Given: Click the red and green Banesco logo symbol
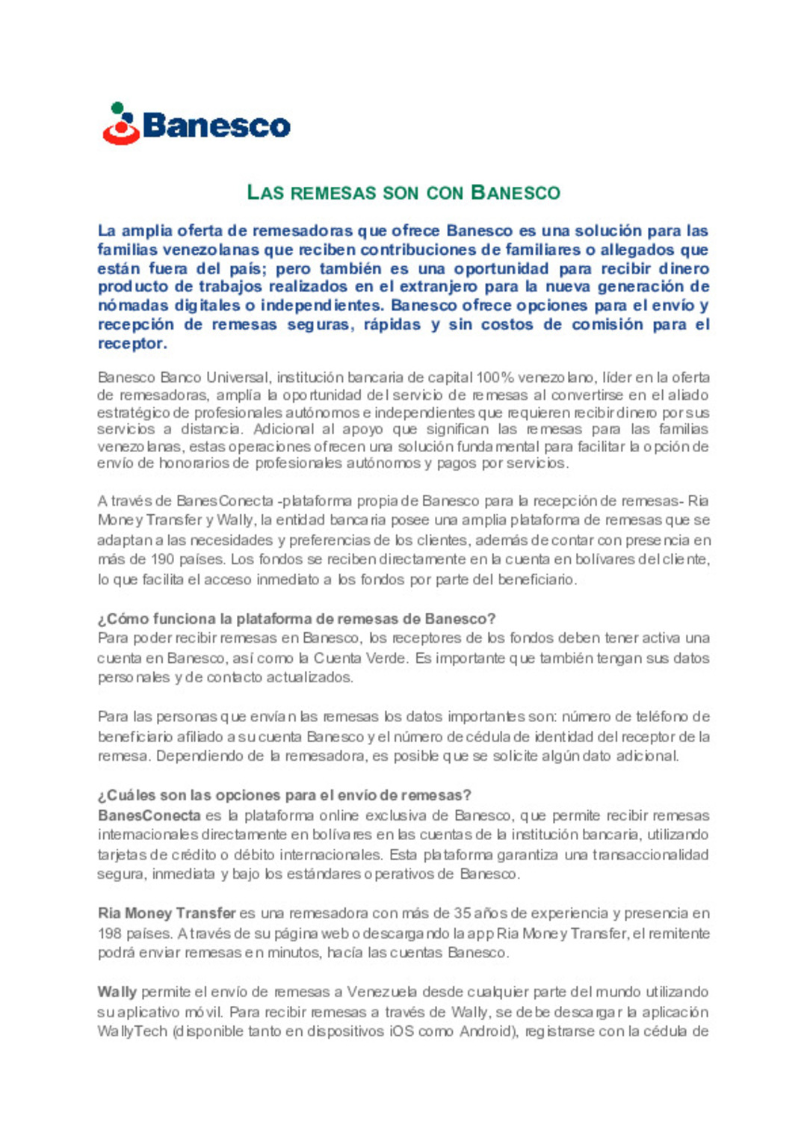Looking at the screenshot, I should [121, 124].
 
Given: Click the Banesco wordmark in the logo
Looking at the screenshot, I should [216, 126].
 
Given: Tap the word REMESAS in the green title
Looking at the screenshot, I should [333, 193].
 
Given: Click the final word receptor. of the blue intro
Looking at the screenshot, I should [132, 344].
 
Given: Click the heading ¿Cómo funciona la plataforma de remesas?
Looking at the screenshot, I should [297, 619].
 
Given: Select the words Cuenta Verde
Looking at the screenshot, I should [360, 658].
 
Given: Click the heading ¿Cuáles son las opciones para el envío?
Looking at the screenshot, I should [285, 795].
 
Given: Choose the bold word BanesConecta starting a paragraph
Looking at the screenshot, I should [149, 815].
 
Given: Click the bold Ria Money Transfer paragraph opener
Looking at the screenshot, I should [167, 913].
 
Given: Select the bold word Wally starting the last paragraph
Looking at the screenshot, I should [117, 992].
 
